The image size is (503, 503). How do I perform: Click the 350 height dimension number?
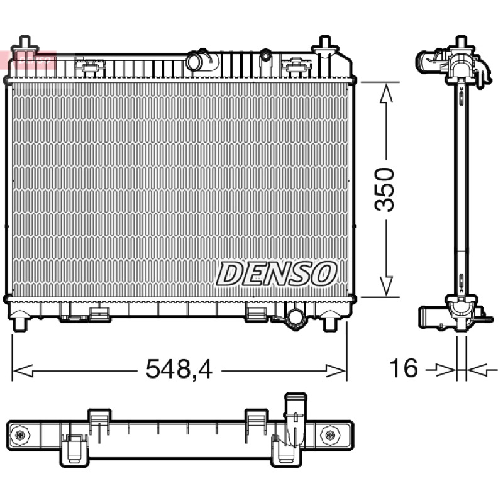click(384, 189)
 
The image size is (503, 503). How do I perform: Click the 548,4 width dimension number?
click(179, 369)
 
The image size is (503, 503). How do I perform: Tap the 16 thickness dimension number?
click(403, 368)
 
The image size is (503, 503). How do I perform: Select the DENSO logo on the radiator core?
click(277, 273)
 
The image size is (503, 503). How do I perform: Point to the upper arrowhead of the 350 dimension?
click(386, 93)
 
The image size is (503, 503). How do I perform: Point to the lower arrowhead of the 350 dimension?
click(386, 286)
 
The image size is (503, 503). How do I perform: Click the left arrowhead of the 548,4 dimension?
click(23, 371)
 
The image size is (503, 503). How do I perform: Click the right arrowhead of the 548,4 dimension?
click(336, 371)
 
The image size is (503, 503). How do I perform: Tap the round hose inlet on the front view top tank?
click(196, 61)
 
